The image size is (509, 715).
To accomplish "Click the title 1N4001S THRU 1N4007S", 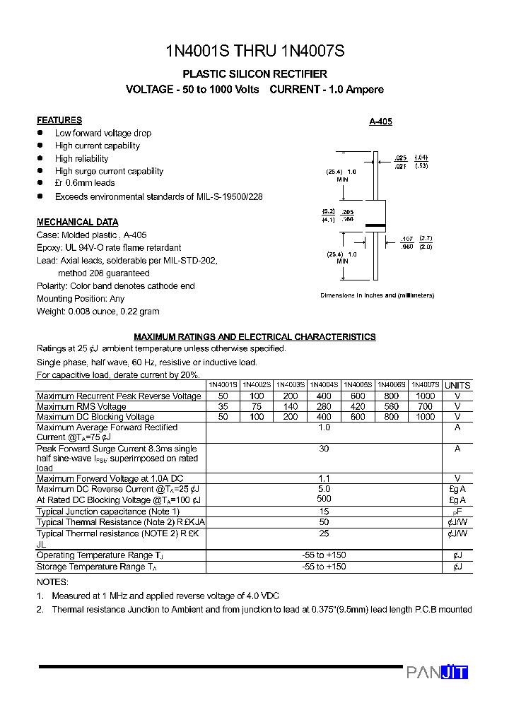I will tap(255, 51).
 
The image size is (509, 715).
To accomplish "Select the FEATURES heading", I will tap(59, 120).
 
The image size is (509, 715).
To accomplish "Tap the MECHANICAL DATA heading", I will tap(78, 222).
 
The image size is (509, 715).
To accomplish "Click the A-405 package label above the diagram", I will tap(380, 122).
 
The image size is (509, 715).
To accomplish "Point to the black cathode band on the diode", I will tap(375, 226).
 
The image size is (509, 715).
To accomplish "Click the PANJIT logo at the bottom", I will tap(437, 673).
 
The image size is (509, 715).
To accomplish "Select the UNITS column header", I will tap(457, 385).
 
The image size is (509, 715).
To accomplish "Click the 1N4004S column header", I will tap(324, 385).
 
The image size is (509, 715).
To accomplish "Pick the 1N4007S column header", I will tap(426, 385).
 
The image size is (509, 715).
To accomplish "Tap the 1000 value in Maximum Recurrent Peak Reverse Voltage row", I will tap(426, 396).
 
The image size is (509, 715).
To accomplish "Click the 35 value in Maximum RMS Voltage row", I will tap(223, 407).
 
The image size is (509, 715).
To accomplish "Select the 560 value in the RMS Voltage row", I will tap(392, 407).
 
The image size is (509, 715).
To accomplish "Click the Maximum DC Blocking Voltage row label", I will tap(95, 417).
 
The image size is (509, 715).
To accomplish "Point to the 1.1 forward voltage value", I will tap(324, 478).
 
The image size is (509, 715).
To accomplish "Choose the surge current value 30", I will tap(324, 449).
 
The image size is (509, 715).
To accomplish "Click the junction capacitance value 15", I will tap(324, 512).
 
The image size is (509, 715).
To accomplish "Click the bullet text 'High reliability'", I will tap(82, 158).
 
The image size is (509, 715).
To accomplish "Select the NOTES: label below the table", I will tap(52, 582).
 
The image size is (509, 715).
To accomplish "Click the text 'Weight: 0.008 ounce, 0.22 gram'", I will tap(98, 311).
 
